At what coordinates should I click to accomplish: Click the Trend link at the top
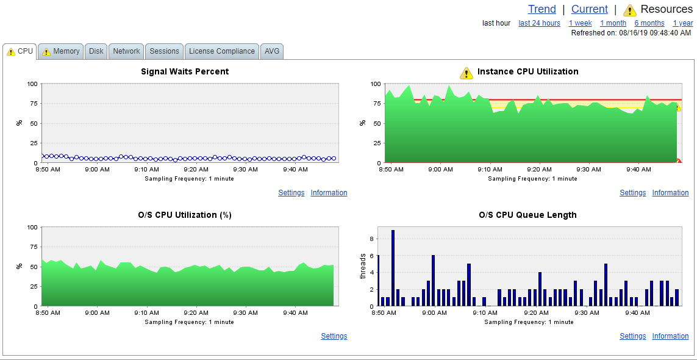[x=542, y=9]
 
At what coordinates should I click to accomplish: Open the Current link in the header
[x=590, y=9]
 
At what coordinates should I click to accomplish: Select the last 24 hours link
[x=539, y=23]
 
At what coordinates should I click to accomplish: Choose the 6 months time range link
[x=649, y=23]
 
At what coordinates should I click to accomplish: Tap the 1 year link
[x=683, y=23]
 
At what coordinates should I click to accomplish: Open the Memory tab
[x=61, y=51]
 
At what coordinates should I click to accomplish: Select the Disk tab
[x=96, y=51]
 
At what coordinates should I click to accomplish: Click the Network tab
[x=126, y=51]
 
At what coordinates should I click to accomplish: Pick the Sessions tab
[x=164, y=51]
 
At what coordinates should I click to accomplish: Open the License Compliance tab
[x=222, y=51]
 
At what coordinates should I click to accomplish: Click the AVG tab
[x=272, y=51]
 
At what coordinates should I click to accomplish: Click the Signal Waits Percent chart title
[x=185, y=71]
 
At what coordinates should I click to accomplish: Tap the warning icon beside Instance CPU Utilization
[x=466, y=73]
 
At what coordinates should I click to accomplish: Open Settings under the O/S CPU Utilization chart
[x=334, y=336]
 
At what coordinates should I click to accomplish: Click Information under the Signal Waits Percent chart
[x=329, y=193]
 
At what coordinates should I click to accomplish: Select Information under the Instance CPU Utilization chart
[x=670, y=193]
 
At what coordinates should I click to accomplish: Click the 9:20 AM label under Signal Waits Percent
[x=196, y=170]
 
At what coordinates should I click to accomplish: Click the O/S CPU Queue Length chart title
[x=527, y=215]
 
